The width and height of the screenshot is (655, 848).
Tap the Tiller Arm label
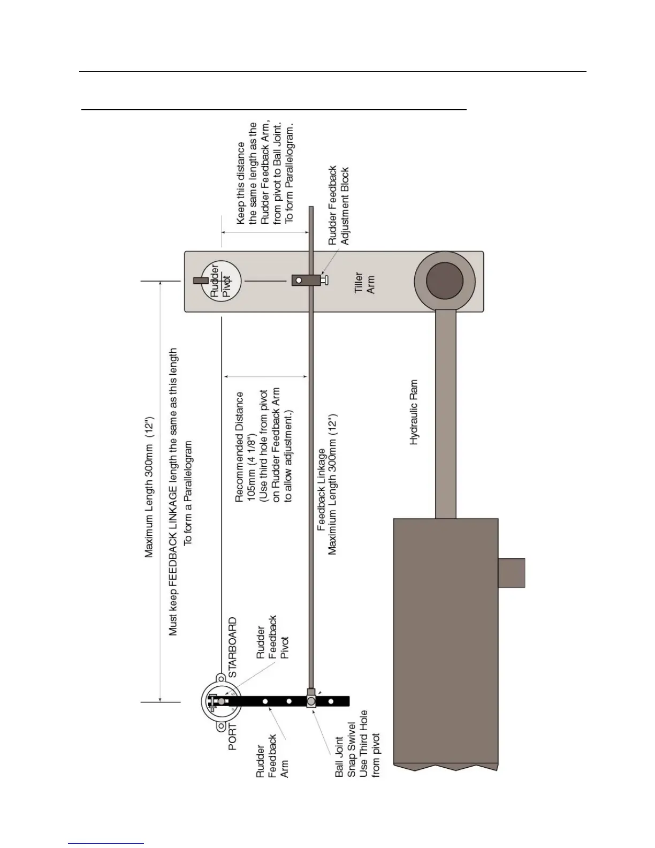[364, 283]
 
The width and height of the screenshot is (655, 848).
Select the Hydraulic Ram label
[414, 413]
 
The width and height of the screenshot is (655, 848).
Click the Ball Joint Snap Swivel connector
[311, 700]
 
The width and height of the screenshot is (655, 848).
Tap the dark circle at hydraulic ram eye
[444, 281]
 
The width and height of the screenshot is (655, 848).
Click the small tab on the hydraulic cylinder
[512, 572]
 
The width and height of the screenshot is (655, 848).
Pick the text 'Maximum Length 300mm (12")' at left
[149, 485]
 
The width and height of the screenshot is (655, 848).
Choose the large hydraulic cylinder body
[445, 642]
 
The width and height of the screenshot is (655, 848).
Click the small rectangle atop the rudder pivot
[200, 281]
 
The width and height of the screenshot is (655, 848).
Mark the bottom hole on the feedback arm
[331, 701]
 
